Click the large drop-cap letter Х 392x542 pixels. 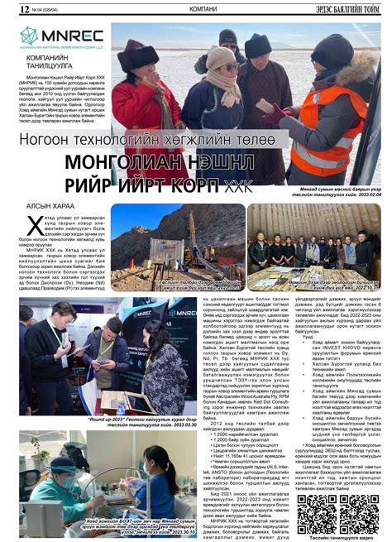click(32, 223)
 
